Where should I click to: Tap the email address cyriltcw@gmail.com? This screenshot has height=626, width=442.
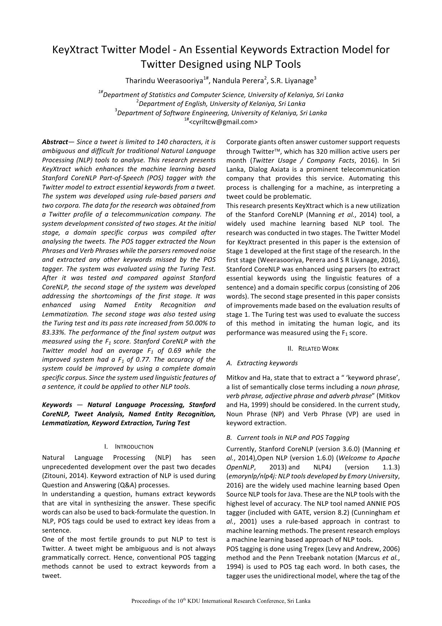pyautogui.click(x=222, y=122)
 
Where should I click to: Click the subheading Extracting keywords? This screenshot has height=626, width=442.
pyautogui.click(x=267, y=363)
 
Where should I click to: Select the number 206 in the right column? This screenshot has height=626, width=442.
pyautogui.click(x=394, y=287)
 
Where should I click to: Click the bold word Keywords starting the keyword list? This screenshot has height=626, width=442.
pyautogui.click(x=57, y=405)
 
